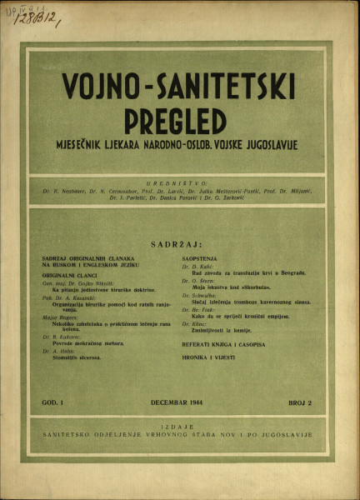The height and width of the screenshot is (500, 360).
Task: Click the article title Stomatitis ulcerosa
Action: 74,356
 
